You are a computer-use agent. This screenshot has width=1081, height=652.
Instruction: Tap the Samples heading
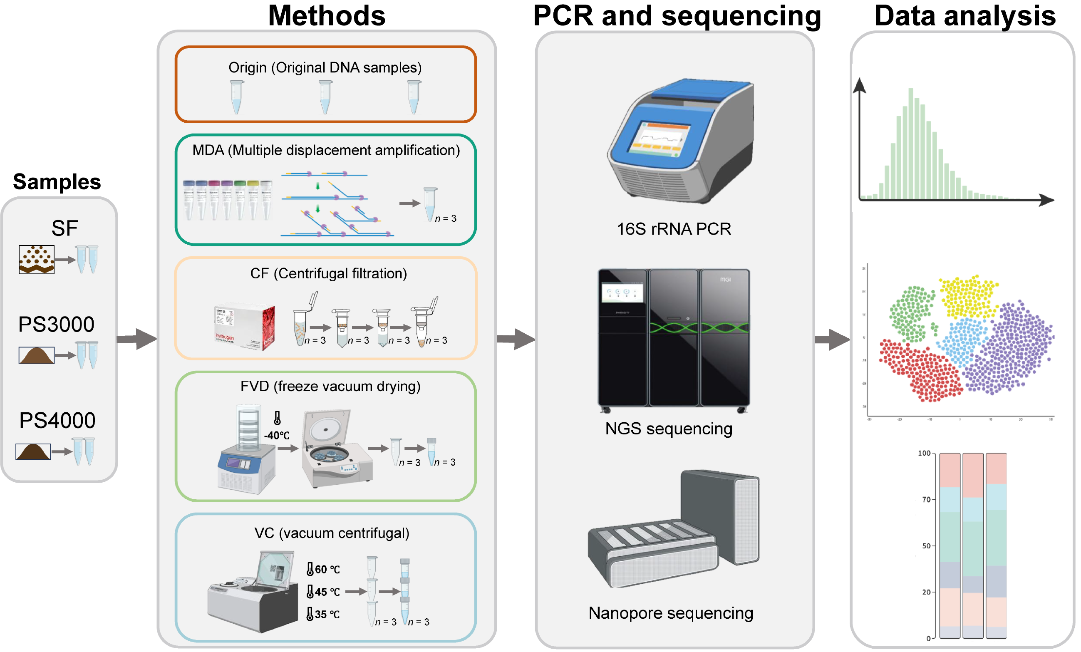click(57, 182)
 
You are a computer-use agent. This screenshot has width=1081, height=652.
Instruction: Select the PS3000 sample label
click(56, 325)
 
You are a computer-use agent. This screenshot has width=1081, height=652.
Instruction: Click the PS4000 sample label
click(57, 421)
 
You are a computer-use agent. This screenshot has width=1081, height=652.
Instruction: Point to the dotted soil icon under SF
click(37, 259)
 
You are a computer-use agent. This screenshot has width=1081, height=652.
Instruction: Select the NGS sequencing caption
click(669, 429)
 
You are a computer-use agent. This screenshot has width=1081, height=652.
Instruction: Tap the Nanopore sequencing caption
click(671, 613)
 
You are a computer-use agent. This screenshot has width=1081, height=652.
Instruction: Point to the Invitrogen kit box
click(244, 327)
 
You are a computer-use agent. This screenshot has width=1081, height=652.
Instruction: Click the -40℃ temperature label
click(277, 436)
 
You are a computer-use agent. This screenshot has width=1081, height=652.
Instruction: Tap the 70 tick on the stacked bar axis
click(926, 499)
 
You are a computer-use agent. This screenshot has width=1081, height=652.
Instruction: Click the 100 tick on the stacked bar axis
click(924, 453)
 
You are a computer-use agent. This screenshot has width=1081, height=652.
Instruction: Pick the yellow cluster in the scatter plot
click(967, 297)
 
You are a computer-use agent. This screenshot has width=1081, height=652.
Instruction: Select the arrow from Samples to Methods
click(137, 339)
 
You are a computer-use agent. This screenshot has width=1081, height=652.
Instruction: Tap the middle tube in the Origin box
click(325, 97)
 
